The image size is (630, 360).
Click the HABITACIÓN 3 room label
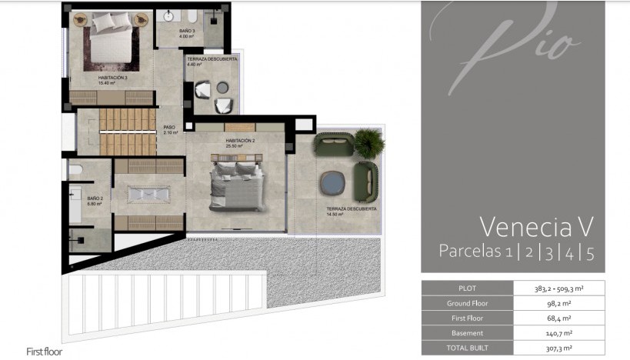112,78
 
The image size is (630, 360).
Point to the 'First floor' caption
44,352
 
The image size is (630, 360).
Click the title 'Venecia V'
536,226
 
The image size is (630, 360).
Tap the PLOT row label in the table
467,288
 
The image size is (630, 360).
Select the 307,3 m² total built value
559,348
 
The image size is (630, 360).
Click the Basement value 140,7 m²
559,333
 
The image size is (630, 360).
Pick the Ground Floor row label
467,303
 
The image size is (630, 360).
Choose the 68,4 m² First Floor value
559,318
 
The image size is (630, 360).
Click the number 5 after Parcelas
589,252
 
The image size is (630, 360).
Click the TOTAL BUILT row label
467,348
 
